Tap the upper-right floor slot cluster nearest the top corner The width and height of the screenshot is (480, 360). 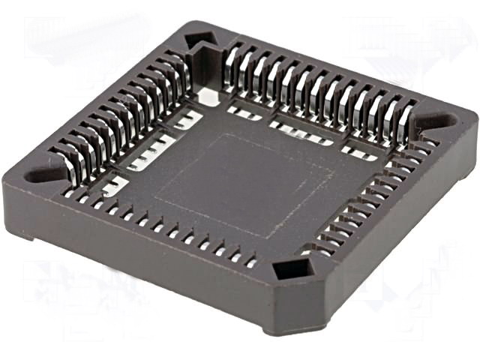coord(244,113)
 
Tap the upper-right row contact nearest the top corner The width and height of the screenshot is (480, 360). coord(232,60)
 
